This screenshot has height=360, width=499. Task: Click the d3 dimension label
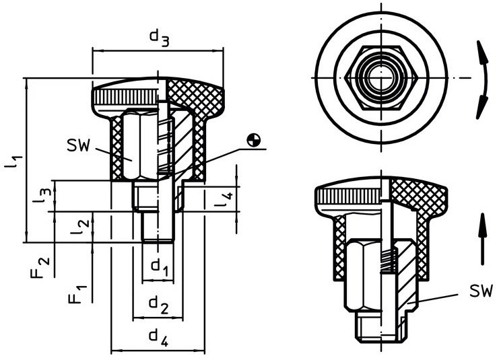(159, 38)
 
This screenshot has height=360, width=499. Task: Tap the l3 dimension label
(42, 196)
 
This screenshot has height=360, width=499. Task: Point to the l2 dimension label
(80, 227)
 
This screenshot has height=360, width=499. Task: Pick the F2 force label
(40, 268)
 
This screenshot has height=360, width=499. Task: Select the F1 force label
(77, 295)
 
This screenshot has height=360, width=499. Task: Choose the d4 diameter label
(158, 338)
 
